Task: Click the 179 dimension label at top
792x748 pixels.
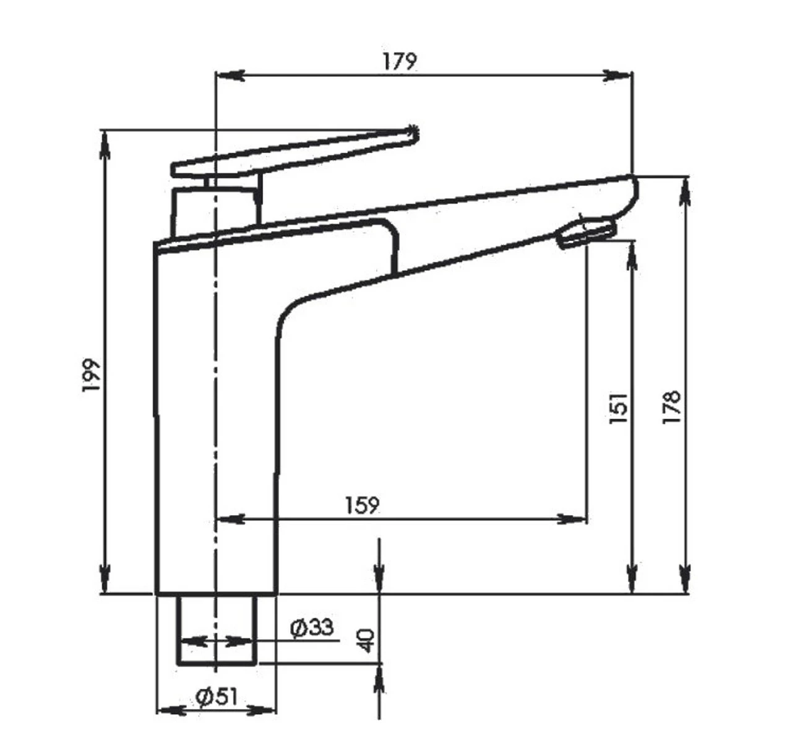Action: click(x=399, y=61)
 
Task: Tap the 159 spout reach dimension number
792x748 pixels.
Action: click(x=361, y=505)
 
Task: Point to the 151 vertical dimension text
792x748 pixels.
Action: click(x=619, y=408)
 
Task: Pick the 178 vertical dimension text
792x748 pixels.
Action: click(x=671, y=407)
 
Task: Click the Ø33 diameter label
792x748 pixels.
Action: click(x=312, y=628)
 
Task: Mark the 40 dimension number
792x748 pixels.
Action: click(x=366, y=640)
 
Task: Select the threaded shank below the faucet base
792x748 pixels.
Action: click(x=217, y=628)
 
